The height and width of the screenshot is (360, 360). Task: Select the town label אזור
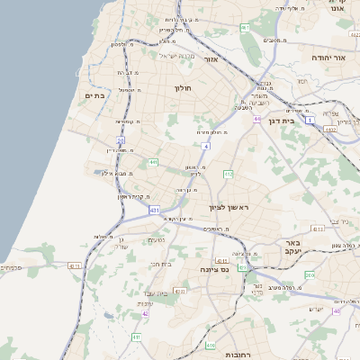pos(211,59)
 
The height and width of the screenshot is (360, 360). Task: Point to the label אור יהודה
pos(328,57)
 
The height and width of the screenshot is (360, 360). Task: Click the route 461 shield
pos(245,28)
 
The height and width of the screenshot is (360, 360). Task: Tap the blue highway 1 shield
pos(309,120)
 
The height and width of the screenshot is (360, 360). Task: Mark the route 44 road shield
pos(256,118)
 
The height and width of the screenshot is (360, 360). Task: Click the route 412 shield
pos(229,174)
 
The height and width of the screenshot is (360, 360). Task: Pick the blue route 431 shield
pos(154,210)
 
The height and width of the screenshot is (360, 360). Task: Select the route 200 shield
pos(309,275)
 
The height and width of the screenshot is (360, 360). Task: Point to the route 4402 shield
pos(329,130)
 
